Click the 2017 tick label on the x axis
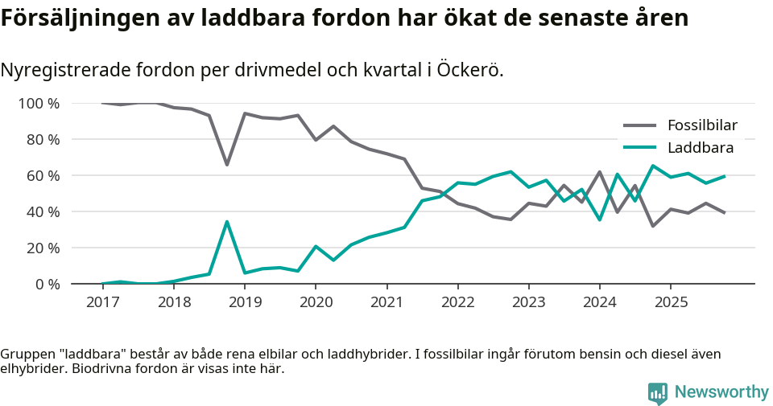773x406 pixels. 102,302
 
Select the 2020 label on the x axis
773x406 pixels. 316,302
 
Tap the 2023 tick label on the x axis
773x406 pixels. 528,302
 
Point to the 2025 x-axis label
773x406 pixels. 671,302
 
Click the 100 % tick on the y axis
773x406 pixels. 39,103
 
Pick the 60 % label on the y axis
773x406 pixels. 42,175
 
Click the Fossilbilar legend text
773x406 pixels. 702,125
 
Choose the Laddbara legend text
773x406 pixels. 700,147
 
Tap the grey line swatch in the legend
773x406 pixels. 639,125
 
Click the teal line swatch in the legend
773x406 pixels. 639,147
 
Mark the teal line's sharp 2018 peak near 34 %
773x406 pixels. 227,221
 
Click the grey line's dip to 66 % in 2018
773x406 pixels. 227,164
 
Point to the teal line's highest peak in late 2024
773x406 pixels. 653,166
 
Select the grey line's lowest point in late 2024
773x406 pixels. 653,226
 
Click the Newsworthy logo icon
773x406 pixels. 658,392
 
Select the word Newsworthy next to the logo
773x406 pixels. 721,392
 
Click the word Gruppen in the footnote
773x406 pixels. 27,354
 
